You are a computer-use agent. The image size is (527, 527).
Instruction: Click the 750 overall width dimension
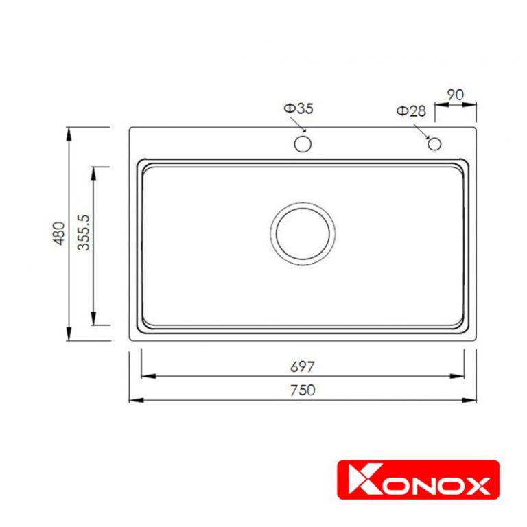[302, 390]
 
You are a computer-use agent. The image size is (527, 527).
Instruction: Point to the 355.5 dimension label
[84, 233]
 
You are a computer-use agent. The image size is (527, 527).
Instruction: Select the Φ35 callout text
[298, 108]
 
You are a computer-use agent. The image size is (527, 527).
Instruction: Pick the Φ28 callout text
[410, 111]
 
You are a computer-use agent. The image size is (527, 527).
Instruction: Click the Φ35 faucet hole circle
[303, 144]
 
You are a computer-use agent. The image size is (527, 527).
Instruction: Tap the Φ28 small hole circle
[434, 143]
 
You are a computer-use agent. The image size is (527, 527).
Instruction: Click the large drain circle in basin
[303, 232]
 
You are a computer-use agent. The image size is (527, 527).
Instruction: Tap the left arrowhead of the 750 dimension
[134, 400]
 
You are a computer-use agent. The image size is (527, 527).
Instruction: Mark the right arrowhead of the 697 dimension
[459, 376]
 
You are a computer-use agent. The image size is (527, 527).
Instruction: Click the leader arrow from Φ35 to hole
[299, 126]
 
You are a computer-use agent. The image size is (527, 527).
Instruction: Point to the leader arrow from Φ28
[425, 131]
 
